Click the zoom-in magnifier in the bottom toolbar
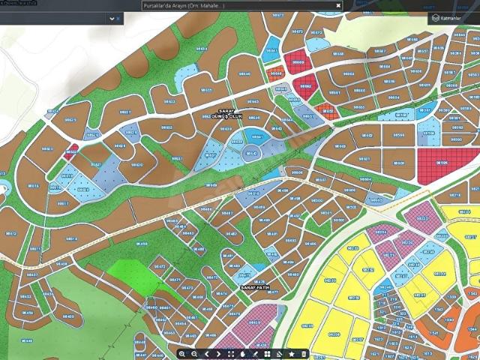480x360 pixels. [182, 353]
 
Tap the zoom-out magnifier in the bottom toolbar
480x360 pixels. [194, 353]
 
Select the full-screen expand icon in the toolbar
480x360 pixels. [231, 353]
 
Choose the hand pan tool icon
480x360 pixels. [243, 353]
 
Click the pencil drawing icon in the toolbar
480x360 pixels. [255, 353]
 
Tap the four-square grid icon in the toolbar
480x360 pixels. [267, 353]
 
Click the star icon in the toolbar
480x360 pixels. [292, 353]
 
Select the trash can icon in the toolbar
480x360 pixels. [304, 353]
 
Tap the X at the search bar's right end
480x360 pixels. [338, 5]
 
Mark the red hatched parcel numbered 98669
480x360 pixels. [298, 62]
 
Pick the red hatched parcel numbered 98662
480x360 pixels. [305, 86]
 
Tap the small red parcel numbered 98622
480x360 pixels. [71, 151]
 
